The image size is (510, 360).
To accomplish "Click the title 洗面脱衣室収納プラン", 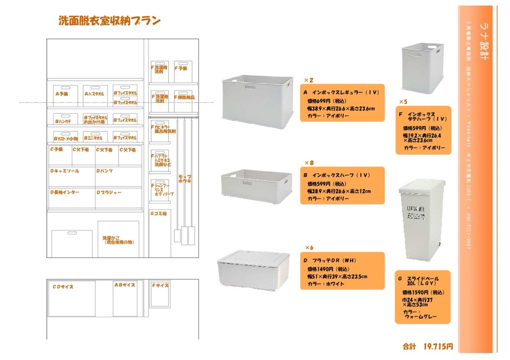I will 110,21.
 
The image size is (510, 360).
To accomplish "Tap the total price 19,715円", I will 438,346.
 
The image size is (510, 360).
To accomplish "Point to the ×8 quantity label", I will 309,163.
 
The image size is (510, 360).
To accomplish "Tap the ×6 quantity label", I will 309,248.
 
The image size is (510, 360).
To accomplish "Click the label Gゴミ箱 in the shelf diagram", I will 159,214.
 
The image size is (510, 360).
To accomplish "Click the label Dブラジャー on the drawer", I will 109,193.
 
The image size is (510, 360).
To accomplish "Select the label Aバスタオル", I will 95,94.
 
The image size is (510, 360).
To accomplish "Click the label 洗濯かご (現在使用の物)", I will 118,240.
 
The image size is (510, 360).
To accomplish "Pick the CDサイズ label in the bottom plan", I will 63,287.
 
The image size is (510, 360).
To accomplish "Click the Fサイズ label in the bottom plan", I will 160,286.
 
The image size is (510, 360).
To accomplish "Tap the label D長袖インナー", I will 65,193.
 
